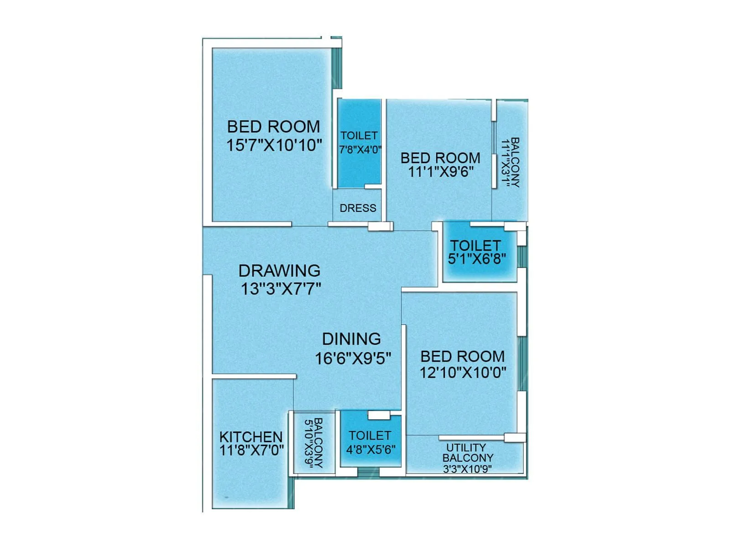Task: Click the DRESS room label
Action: pyautogui.click(x=358, y=208)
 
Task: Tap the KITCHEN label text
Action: pyautogui.click(x=251, y=437)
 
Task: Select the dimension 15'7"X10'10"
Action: pyautogui.click(x=274, y=145)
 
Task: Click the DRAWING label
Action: pyautogui.click(x=279, y=271)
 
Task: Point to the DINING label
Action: pyautogui.click(x=351, y=339)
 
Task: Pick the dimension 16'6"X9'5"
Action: pyautogui.click(x=353, y=358)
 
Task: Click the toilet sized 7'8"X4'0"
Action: pyautogui.click(x=360, y=142)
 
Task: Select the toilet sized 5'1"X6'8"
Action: pyautogui.click(x=476, y=252)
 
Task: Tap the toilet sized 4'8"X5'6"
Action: pyautogui.click(x=370, y=442)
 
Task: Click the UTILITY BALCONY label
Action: pyautogui.click(x=467, y=453)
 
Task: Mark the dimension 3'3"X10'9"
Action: pyautogui.click(x=467, y=469)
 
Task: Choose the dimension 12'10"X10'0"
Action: pyautogui.click(x=463, y=372)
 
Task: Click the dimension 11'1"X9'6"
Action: pyautogui.click(x=440, y=172)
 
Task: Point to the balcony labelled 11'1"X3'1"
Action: pyautogui.click(x=510, y=163)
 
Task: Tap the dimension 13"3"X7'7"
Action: pyautogui.click(x=281, y=289)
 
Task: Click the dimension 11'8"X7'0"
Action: pyautogui.click(x=251, y=451)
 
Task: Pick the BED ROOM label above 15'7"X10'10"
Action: pyautogui.click(x=273, y=126)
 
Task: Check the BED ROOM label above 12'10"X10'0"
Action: pyautogui.click(x=462, y=356)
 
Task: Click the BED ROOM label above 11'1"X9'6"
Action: pyautogui.click(x=440, y=158)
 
